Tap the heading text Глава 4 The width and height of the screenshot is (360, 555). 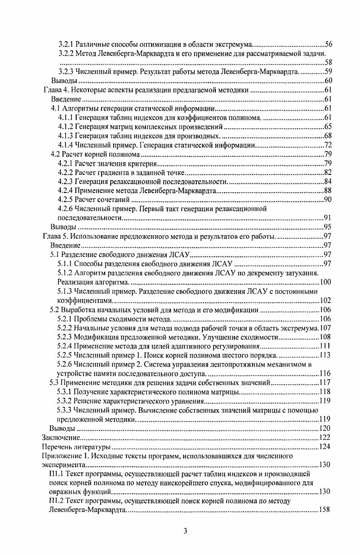pyautogui.click(x=55, y=90)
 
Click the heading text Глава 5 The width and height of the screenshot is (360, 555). pyautogui.click(x=55, y=236)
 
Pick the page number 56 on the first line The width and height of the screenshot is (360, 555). pyautogui.click(x=329, y=44)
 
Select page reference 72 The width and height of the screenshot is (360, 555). pyautogui.click(x=329, y=145)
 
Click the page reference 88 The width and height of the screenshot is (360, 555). pyautogui.click(x=329, y=191)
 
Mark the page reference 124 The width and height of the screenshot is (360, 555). pyautogui.click(x=325, y=447)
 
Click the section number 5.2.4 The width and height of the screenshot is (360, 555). pyautogui.click(x=66, y=346)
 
